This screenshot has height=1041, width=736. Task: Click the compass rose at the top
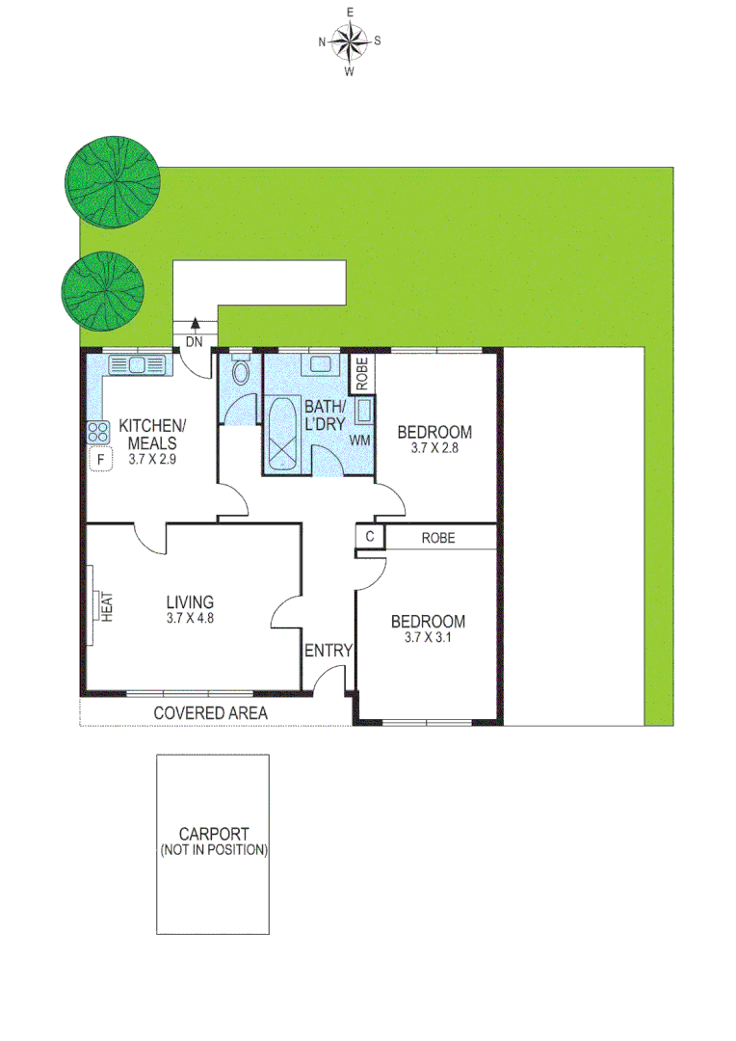click(350, 40)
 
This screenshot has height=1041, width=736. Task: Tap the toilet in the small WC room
click(240, 371)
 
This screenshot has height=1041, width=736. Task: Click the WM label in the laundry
click(360, 440)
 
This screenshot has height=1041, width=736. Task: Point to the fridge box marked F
click(98, 460)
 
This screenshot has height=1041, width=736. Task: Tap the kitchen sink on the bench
click(139, 364)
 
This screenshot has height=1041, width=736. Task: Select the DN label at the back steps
click(194, 341)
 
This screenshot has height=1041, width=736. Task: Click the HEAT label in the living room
click(109, 606)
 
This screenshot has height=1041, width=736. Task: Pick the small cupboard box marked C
click(369, 537)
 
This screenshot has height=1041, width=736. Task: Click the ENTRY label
click(329, 651)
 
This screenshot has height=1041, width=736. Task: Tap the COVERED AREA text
click(210, 712)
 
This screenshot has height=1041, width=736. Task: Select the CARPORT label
click(213, 835)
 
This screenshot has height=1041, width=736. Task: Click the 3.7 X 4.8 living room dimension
click(189, 620)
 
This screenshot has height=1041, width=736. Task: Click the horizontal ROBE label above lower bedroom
click(438, 538)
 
